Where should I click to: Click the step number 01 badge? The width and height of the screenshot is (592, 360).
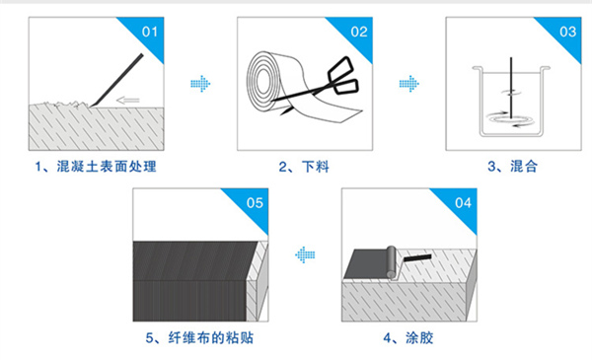tap(151, 31)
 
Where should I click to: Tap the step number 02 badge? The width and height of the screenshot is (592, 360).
tap(360, 31)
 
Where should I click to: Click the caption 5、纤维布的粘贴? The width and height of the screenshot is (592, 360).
tap(198, 337)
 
